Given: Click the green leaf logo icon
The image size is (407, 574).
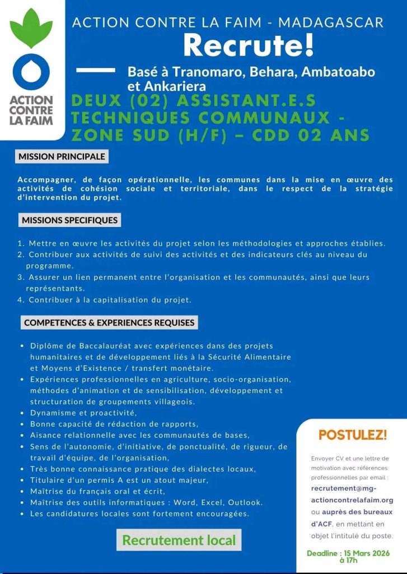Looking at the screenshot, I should click(x=31, y=29).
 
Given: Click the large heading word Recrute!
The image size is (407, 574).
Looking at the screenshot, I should click(x=249, y=45).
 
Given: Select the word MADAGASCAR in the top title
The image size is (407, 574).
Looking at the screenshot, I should click(x=331, y=23).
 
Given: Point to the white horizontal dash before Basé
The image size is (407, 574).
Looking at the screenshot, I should click(x=95, y=71).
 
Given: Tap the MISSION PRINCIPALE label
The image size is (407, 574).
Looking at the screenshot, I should click(x=62, y=156).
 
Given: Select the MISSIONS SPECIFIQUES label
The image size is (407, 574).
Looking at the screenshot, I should click(x=70, y=220).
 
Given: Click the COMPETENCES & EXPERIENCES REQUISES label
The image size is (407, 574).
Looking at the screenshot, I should click(x=110, y=322).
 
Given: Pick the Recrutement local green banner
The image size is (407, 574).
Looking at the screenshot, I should click(x=179, y=540).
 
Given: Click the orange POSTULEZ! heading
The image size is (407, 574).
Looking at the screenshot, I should click(x=353, y=434).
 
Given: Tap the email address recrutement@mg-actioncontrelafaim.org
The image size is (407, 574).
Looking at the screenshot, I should click(x=352, y=494).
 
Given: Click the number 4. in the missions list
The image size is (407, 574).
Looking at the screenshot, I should click(x=21, y=300).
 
